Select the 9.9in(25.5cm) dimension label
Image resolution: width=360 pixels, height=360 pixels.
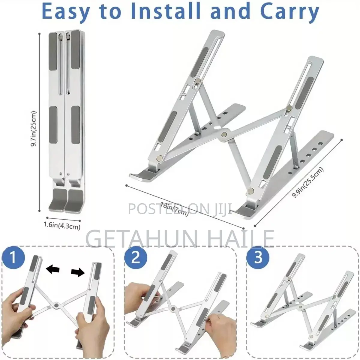coord(308,182)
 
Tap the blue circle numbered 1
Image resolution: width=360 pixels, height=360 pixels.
coord(13,257)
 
